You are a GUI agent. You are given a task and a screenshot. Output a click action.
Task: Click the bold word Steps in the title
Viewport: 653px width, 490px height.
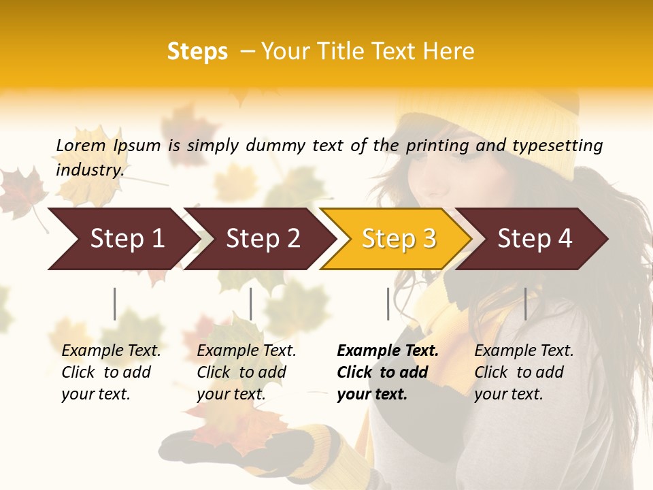tap(197, 52)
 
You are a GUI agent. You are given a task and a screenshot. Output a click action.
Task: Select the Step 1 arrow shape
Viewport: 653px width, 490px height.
tap(122, 239)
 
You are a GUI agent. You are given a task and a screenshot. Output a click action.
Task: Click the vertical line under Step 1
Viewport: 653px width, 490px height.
tap(115, 304)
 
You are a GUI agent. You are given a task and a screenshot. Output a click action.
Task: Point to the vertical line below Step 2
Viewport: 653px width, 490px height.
tap(251, 304)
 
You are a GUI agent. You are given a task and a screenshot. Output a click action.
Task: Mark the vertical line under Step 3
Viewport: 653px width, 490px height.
tap(388, 304)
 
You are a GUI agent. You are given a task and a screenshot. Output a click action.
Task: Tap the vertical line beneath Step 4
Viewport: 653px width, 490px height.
tap(525, 304)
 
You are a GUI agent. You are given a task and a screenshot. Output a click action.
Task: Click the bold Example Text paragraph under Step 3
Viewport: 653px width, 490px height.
tap(387, 372)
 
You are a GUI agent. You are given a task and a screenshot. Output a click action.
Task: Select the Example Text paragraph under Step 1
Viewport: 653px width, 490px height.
tap(111, 372)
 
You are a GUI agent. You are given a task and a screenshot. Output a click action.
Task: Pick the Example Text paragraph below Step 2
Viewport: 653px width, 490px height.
tap(246, 372)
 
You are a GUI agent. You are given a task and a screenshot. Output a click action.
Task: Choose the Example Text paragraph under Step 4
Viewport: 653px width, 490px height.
tap(524, 372)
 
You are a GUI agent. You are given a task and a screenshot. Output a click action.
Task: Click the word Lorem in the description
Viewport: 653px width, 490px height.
tap(80, 146)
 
